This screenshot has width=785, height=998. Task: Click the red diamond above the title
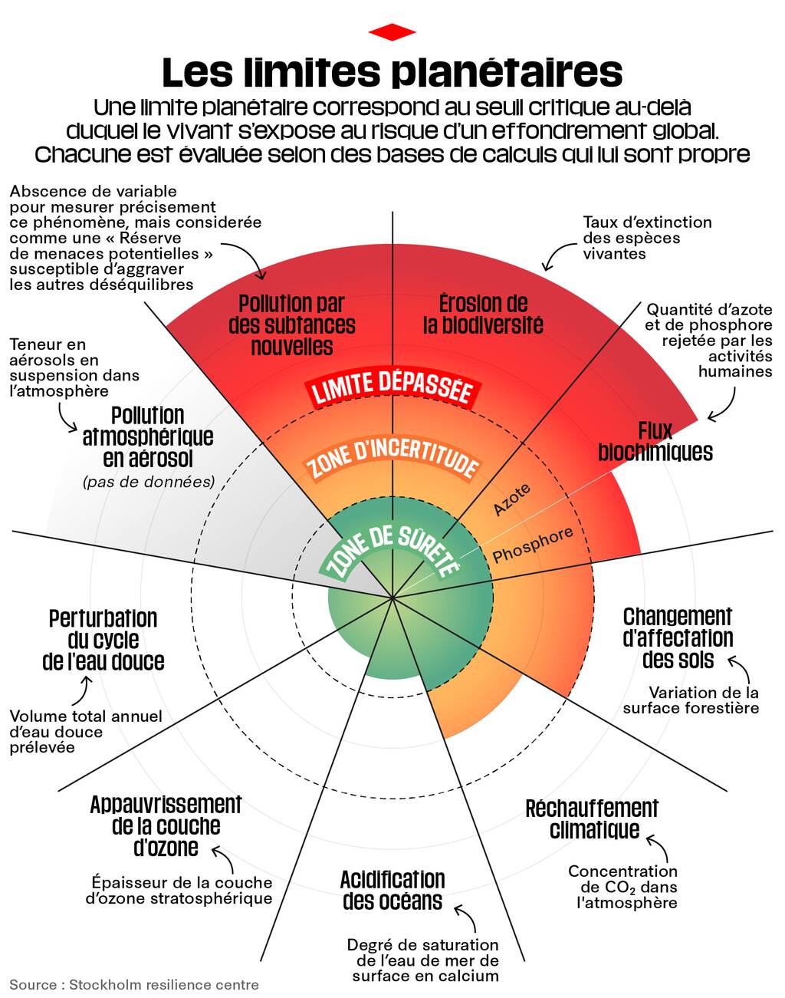(x=392, y=32)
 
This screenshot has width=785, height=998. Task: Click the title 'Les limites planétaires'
(x=392, y=72)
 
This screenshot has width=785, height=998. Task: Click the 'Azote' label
(x=511, y=499)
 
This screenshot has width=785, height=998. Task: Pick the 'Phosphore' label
(x=533, y=545)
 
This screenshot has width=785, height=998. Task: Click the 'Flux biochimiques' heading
(x=655, y=442)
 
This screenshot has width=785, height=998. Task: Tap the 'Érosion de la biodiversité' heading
(x=483, y=315)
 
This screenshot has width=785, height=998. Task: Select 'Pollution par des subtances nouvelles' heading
(x=292, y=325)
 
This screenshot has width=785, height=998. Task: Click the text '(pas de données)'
(x=149, y=482)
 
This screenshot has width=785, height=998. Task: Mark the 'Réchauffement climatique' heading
(x=592, y=819)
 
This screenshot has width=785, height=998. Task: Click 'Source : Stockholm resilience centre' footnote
(x=134, y=984)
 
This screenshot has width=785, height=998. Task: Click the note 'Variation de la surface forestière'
(x=691, y=700)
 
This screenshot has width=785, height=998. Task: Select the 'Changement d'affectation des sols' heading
(x=678, y=638)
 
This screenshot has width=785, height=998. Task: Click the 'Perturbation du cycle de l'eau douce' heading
(x=103, y=640)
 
